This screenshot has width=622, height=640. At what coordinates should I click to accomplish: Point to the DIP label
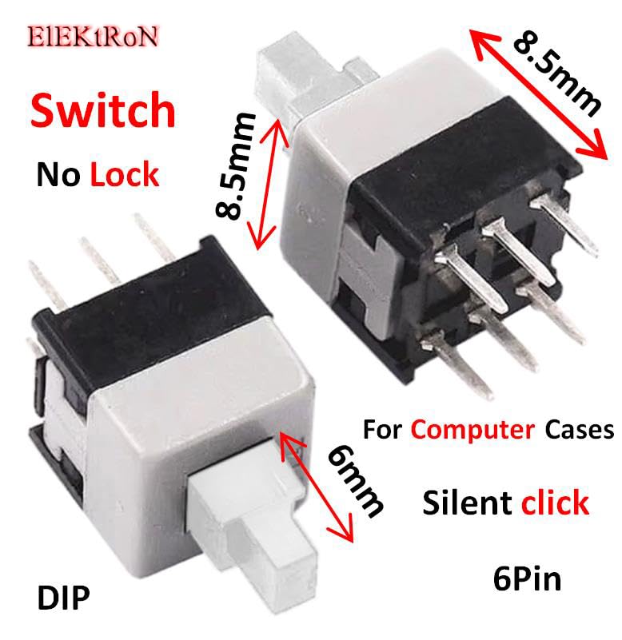pos(62,597)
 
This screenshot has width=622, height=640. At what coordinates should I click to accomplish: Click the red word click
pos(555,503)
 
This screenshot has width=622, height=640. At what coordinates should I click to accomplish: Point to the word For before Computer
pos(382,430)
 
